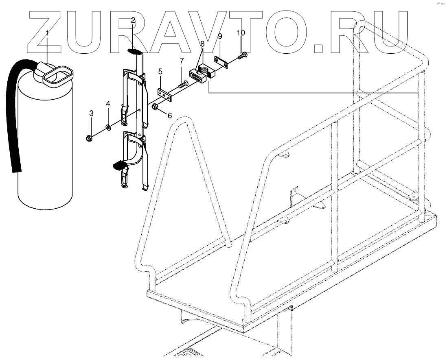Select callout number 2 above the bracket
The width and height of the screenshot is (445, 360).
[133, 20]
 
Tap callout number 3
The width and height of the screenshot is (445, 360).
[91, 113]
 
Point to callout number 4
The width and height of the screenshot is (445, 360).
[108, 104]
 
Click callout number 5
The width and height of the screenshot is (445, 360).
[160, 72]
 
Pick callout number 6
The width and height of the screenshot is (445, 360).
[169, 116]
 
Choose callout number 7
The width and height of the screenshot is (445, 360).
[182, 61]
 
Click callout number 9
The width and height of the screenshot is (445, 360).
[219, 37]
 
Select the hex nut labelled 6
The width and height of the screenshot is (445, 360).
[156, 107]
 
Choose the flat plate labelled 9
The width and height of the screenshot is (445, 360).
[221, 63]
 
